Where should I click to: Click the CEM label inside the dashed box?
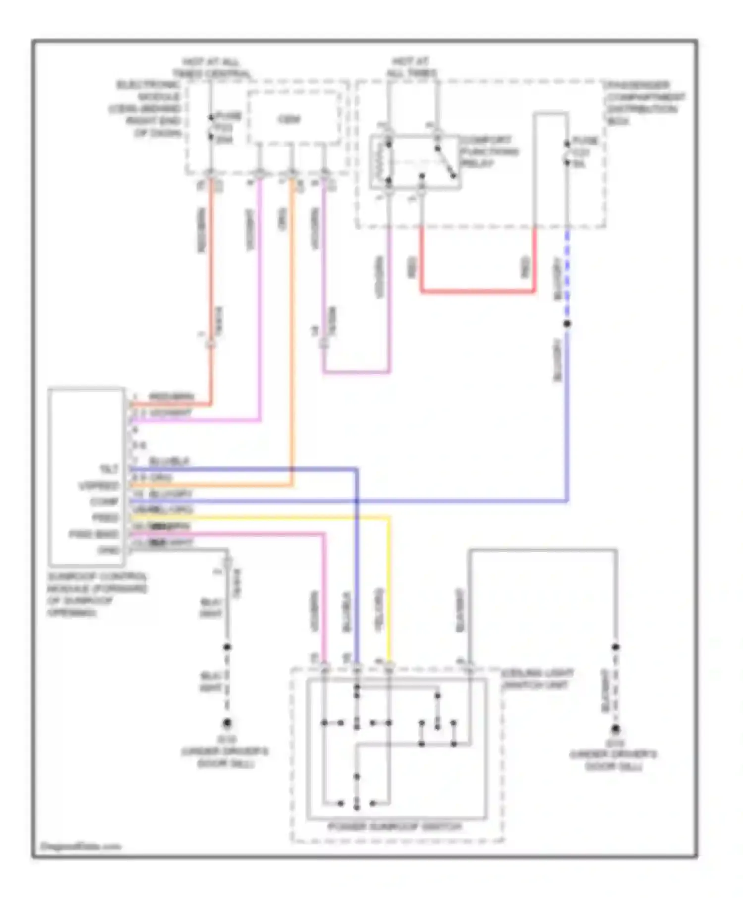pos(288,119)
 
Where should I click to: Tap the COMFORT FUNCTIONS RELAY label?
pos(488,151)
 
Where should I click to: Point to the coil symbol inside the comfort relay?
pos(381,161)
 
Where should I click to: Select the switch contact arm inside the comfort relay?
pos(445,161)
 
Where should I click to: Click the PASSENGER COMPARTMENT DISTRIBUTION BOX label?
pos(644,103)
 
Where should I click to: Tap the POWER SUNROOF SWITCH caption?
pos(394,827)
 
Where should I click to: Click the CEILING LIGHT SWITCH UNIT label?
pos(537,679)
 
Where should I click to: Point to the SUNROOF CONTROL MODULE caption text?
pos(97,595)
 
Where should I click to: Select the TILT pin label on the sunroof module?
pos(108,469)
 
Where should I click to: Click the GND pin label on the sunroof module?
pos(108,550)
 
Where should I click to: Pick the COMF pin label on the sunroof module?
pos(105,501)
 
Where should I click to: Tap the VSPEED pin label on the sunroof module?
pos(99,486)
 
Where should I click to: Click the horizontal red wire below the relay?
pos(478,292)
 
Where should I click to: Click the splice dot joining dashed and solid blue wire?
pos(567,324)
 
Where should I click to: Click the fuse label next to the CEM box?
pos(227,128)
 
